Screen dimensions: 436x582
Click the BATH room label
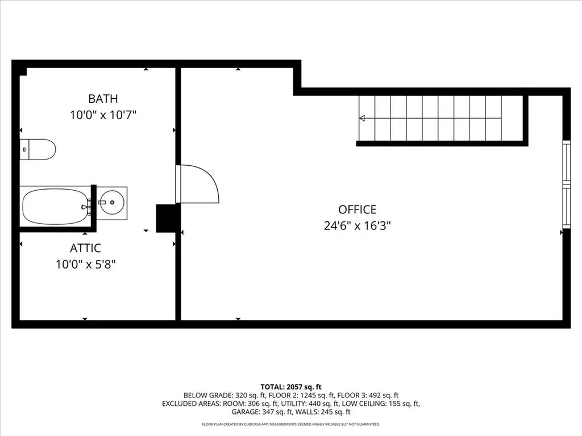(103, 99)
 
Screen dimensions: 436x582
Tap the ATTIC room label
(85, 248)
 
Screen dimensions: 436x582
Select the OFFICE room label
(357, 209)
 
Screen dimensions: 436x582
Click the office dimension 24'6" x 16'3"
(357, 226)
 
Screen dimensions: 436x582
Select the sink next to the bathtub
(112, 202)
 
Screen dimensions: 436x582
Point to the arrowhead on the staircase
(362, 119)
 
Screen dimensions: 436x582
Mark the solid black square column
(168, 218)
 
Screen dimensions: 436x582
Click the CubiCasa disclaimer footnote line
(291, 425)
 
